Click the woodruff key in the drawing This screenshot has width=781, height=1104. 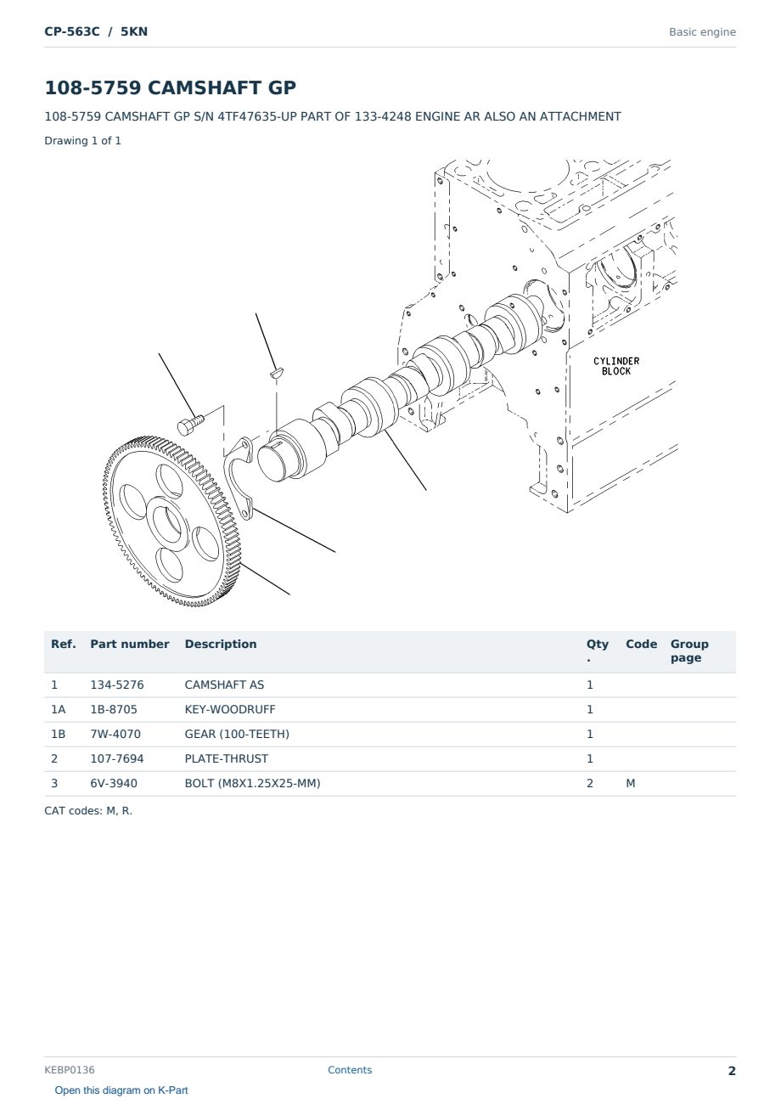[277, 372]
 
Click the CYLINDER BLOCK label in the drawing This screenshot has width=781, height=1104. [616, 366]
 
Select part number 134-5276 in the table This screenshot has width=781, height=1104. [117, 684]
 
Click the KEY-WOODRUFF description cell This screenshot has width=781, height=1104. [229, 709]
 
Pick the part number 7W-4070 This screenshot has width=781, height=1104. [115, 734]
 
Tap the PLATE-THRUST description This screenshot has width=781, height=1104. [226, 758]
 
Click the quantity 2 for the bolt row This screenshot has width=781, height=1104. [590, 783]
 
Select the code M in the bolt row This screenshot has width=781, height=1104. [630, 783]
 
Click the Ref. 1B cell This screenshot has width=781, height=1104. [58, 734]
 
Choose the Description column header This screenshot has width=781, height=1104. [220, 644]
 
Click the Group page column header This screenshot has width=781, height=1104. [689, 651]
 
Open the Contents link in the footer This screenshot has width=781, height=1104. [350, 1069]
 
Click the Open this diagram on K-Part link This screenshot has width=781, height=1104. [121, 1090]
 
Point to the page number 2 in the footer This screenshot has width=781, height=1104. [732, 1071]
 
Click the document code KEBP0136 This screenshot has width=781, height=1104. [70, 1069]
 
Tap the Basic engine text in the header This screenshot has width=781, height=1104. [702, 32]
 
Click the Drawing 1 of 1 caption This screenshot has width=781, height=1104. [83, 140]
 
